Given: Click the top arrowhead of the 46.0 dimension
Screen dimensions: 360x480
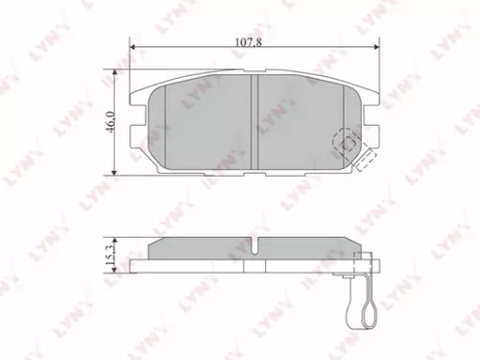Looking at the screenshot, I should (117, 73).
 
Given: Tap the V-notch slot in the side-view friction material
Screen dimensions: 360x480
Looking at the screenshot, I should (255, 245).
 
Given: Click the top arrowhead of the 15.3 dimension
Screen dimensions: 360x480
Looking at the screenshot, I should (117, 239).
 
